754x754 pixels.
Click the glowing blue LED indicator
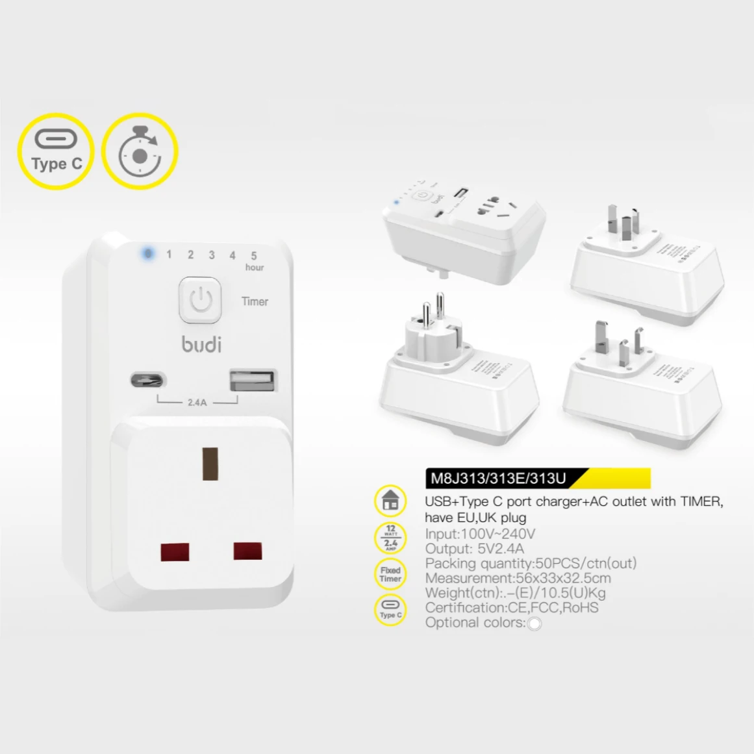(147, 253)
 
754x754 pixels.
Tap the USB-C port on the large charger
(148, 379)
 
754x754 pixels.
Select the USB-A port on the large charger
(253, 380)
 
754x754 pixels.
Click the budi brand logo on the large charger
(201, 344)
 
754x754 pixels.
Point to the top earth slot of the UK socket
(210, 463)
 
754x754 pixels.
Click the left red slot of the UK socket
(175, 552)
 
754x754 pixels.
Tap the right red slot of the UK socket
(247, 551)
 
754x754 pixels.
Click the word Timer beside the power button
(255, 301)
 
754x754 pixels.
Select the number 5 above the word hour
(254, 256)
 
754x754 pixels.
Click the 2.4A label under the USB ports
(197, 403)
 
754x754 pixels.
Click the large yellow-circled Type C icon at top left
(56, 151)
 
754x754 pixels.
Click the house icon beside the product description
(390, 501)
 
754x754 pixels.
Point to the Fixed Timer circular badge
(390, 574)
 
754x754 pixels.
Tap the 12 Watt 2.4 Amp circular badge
(390, 538)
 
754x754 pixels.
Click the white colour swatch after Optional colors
(534, 624)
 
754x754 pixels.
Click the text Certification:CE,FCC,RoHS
(512, 608)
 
